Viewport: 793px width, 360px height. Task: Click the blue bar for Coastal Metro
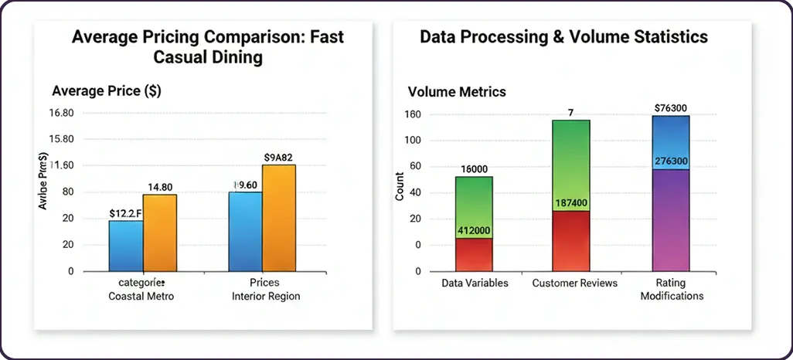(125, 246)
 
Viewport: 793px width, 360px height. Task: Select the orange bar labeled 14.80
(160, 233)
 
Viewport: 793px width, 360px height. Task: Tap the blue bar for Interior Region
(245, 231)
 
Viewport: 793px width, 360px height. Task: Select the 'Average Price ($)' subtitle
(107, 91)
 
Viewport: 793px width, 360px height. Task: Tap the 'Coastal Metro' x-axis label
(141, 296)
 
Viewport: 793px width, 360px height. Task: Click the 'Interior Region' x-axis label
(265, 296)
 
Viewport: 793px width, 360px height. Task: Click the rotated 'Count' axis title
(400, 188)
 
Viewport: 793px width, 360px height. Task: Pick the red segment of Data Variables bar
(474, 255)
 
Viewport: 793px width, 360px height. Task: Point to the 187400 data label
(571, 203)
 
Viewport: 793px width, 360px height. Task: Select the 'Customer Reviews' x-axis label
(575, 283)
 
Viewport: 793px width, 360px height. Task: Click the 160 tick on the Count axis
(411, 114)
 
